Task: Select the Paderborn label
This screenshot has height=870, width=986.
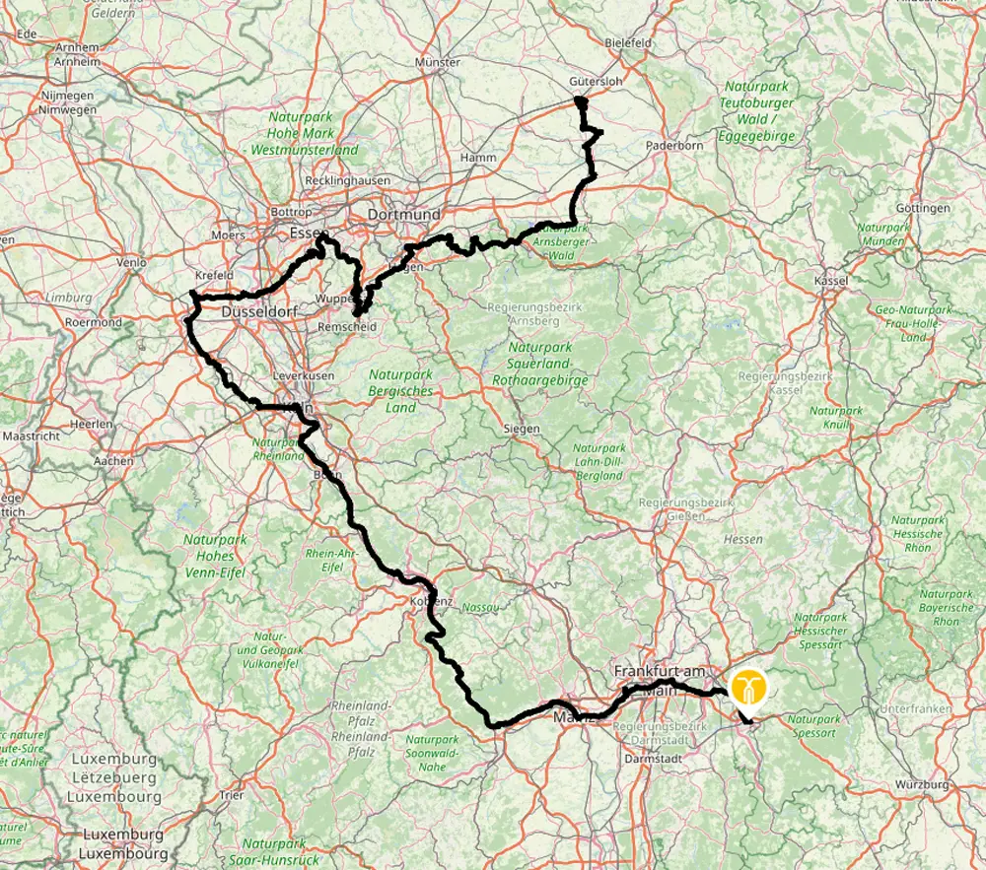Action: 674,145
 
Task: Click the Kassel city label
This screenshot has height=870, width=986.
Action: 831,281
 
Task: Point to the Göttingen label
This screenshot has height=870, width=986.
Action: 924,208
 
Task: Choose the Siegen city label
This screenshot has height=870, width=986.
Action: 522,429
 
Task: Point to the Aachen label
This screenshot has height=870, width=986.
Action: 114,460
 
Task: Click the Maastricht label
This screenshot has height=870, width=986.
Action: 33,435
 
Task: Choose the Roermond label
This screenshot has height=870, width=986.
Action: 93,322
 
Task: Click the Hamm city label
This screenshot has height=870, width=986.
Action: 478,158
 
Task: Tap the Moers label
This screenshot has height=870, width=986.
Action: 228,236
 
